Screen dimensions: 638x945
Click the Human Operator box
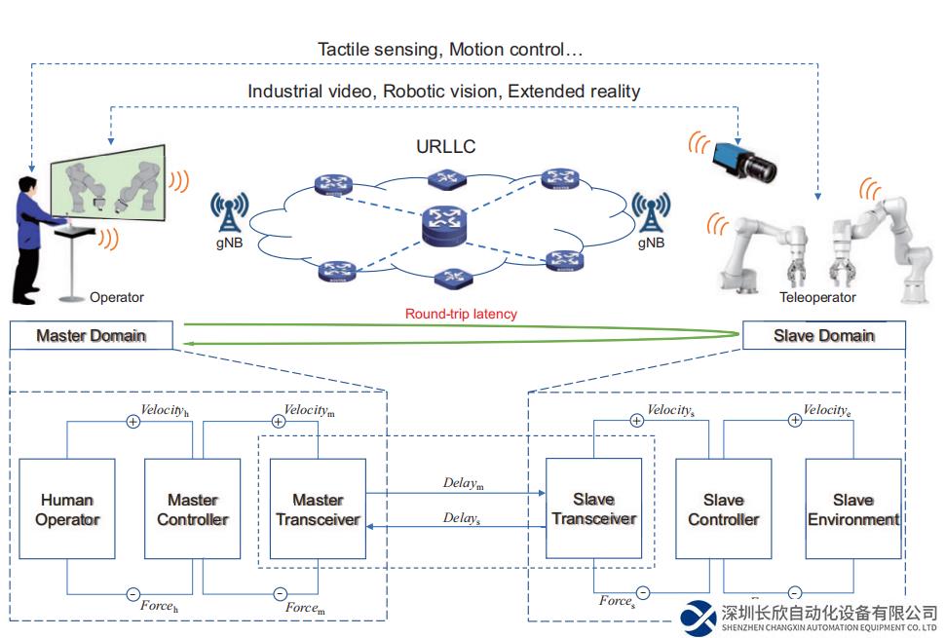coord(67,509)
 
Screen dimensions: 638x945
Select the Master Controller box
coord(192,509)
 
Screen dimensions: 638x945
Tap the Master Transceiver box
coord(318,509)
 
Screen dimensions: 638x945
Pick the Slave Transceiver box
coord(594,509)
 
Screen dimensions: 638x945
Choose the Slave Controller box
coord(723,509)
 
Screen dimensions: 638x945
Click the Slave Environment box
coord(853,509)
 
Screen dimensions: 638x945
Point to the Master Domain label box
coord(91,336)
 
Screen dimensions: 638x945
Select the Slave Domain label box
coord(823,336)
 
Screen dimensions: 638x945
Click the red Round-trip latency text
coord(461,314)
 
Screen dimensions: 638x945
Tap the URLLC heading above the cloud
coord(446,148)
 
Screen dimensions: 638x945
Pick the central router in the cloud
coord(447,226)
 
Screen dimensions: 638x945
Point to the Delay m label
coord(464,483)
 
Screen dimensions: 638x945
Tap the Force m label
coord(304,608)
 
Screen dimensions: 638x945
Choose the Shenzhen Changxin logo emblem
coord(698,616)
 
